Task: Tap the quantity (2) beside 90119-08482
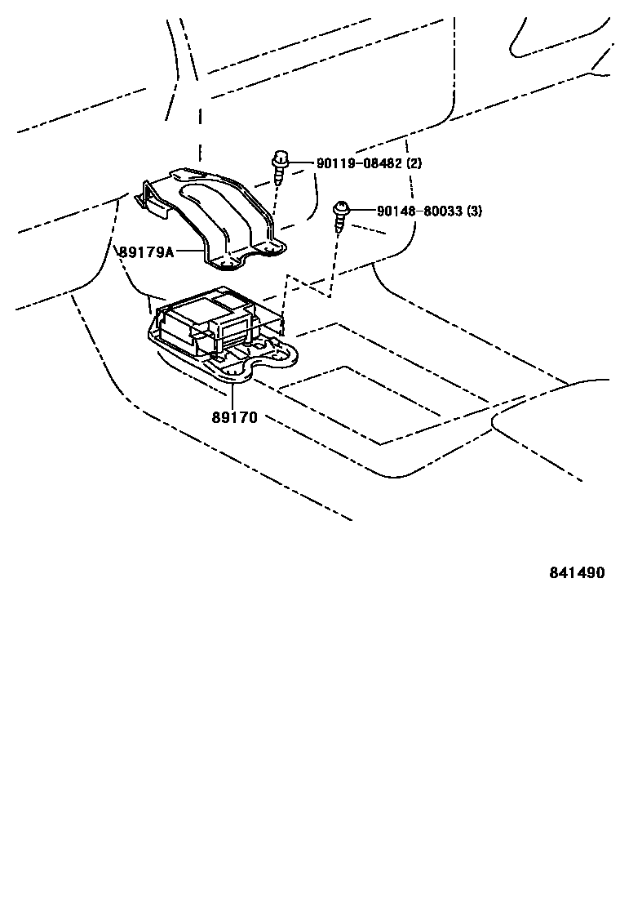(x=414, y=163)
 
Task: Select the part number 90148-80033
(x=419, y=211)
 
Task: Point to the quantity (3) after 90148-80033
(x=475, y=211)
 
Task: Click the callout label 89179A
(x=146, y=252)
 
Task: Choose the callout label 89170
(x=234, y=418)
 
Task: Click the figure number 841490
(x=576, y=573)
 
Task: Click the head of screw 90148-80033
(x=340, y=210)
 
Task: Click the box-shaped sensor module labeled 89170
(x=208, y=323)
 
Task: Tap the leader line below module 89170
(x=233, y=396)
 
